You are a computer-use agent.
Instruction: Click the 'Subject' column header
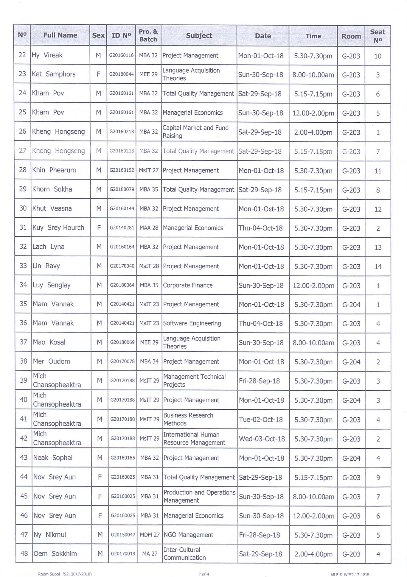(199, 36)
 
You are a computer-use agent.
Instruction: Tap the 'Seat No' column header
(378, 36)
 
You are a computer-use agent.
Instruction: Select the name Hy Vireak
(47, 55)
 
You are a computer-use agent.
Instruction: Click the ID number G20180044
(121, 74)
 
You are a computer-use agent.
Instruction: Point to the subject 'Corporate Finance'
(188, 285)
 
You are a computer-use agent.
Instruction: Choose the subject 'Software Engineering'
(192, 323)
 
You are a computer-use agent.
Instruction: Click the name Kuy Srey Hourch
(58, 228)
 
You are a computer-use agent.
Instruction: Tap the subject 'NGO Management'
(189, 535)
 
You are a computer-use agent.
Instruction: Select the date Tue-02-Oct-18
(261, 420)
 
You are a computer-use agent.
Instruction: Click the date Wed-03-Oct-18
(262, 439)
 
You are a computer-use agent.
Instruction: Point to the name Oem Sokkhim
(55, 554)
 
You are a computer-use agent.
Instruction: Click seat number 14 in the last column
(378, 266)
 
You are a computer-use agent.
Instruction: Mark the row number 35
(23, 304)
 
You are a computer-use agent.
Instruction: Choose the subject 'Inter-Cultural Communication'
(184, 554)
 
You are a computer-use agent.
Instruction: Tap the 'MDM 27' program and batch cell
(150, 535)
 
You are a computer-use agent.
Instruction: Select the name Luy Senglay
(52, 285)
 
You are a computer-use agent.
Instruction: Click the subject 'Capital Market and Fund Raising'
(195, 132)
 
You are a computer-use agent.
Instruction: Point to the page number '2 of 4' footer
(204, 574)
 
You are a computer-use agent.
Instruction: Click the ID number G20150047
(123, 535)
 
